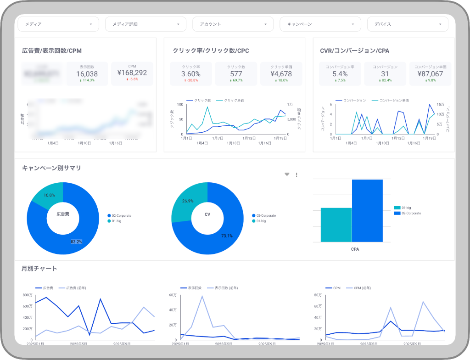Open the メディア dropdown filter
click(58, 24)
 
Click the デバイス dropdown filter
click(408, 24)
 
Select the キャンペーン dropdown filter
click(320, 24)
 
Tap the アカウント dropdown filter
click(233, 24)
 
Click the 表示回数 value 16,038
click(87, 73)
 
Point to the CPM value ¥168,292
click(132, 73)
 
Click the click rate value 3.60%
click(191, 73)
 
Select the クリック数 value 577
click(236, 73)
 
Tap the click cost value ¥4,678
click(281, 73)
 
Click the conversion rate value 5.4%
click(340, 73)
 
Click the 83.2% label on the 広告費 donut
click(76, 242)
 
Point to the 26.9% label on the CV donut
click(187, 201)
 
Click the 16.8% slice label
click(49, 195)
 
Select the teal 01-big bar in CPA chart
click(336, 225)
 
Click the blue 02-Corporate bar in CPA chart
click(367, 210)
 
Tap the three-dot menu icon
click(297, 174)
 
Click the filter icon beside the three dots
click(287, 174)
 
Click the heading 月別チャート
click(39, 268)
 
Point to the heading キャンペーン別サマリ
click(51, 168)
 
